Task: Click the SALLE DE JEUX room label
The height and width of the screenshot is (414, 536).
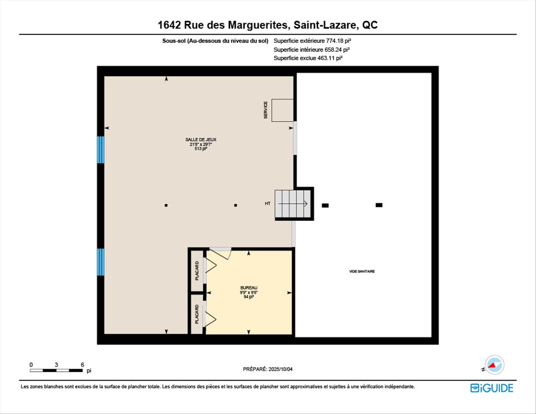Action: (201, 140)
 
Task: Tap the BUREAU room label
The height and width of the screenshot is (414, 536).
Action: (249, 288)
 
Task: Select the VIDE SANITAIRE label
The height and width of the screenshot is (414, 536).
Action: (362, 271)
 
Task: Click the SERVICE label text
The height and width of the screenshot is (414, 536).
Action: (265, 110)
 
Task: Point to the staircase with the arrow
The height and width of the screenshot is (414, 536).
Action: (293, 204)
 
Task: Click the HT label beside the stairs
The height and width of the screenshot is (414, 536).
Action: (267, 204)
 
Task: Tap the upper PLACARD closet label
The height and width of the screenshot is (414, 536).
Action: (197, 271)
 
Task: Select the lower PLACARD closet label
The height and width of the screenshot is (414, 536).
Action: (197, 314)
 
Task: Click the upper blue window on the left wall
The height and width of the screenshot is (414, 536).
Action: (100, 150)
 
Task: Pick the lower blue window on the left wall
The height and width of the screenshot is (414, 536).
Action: (100, 262)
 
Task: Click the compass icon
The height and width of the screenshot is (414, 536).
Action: (494, 365)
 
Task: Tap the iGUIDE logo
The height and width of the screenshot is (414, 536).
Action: (492, 388)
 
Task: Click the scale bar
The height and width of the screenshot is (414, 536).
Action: (56, 370)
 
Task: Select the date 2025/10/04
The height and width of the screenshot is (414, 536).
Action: (280, 369)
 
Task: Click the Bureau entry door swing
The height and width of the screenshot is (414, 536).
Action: (220, 253)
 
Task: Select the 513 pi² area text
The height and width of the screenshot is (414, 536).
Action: (201, 149)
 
